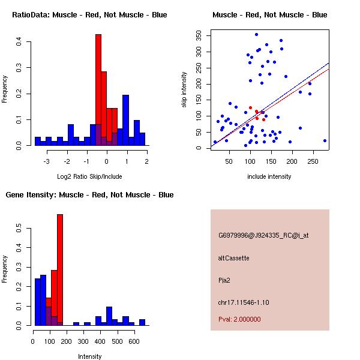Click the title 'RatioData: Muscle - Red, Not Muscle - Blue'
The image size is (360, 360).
point(89,14)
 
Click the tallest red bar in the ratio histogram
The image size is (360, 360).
point(98,90)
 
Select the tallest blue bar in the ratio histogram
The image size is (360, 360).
point(125,120)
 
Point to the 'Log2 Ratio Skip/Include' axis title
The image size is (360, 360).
point(89,177)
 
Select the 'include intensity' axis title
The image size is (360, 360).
point(269,177)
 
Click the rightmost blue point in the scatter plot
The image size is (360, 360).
point(325,140)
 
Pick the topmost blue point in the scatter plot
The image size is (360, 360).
point(256,34)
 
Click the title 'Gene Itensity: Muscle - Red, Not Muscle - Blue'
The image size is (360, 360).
point(89,195)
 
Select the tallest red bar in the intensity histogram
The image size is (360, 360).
point(60,270)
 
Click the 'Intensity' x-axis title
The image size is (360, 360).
point(89,356)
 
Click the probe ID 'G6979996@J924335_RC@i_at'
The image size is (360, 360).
point(263,236)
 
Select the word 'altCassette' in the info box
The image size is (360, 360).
point(233,258)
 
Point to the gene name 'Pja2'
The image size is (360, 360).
point(224,280)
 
